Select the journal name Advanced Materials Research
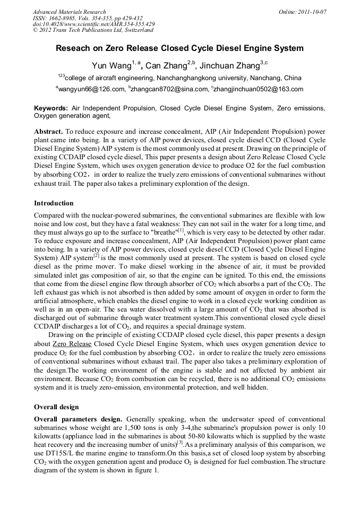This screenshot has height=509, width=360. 69,12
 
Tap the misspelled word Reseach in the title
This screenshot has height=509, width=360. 73,48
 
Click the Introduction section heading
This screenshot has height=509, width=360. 54,203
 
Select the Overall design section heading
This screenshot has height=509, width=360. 56,407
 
